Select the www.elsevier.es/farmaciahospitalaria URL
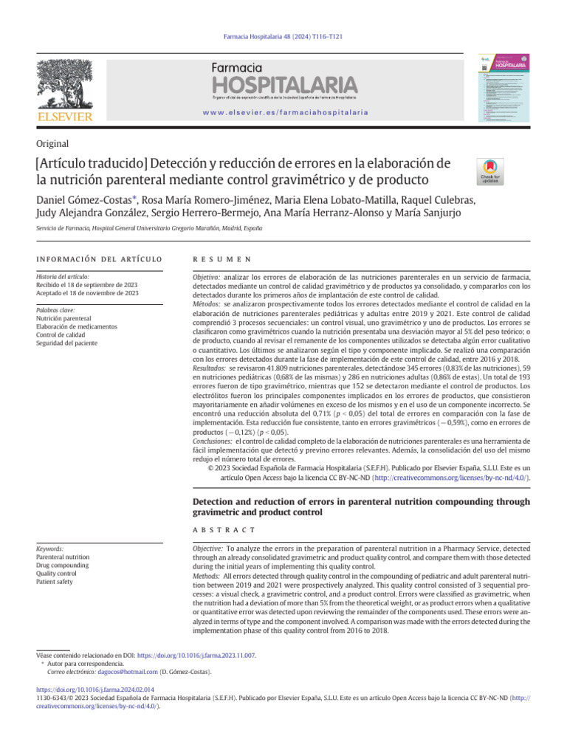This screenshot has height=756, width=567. pyautogui.click(x=284, y=112)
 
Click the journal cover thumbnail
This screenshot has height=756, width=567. pyautogui.click(x=504, y=87)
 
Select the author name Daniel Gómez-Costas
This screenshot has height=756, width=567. pyautogui.click(x=76, y=200)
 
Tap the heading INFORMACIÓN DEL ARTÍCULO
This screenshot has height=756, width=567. pyautogui.click(x=99, y=259)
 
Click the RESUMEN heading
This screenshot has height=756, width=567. pyautogui.click(x=221, y=259)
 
